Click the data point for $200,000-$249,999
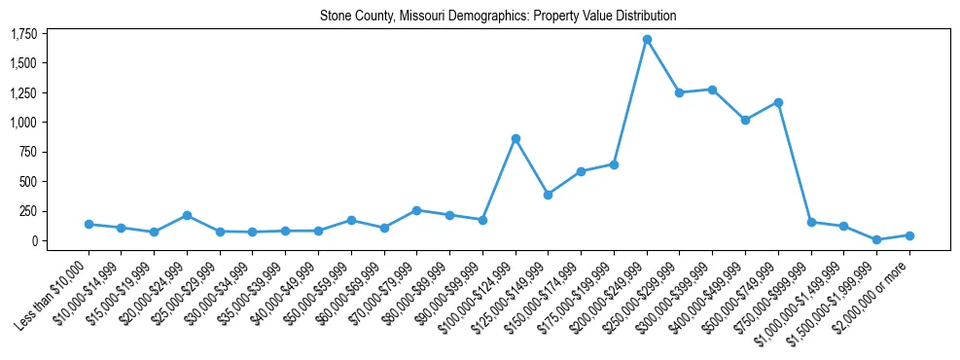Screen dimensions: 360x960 647,40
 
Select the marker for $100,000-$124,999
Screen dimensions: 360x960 516,139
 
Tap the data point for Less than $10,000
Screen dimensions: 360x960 89,224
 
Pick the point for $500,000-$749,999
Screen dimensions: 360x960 778,102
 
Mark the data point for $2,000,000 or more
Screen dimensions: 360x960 909,235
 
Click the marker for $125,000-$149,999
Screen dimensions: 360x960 549,195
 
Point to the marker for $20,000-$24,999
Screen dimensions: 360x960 187,215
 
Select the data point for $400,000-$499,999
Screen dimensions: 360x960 745,120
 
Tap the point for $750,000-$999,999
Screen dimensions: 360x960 811,222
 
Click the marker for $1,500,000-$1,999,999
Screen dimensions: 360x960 876,239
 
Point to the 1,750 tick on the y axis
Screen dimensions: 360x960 23,34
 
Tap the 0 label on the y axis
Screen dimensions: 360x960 34,240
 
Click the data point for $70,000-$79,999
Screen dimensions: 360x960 416,210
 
